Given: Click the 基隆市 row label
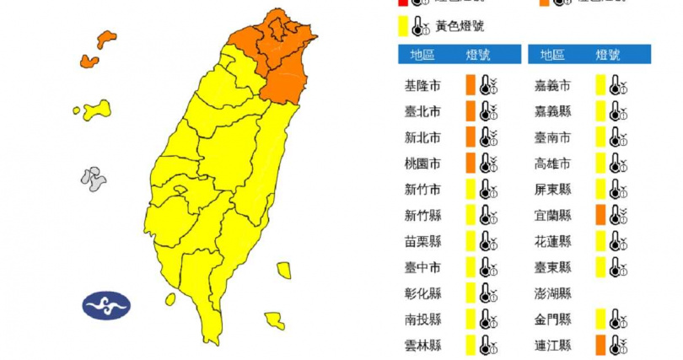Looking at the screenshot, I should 422,85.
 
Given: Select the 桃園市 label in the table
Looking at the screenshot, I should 422,163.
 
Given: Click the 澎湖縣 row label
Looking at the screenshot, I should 552,293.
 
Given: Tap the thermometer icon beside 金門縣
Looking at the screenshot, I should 618,319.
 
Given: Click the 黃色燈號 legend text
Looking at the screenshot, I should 460,26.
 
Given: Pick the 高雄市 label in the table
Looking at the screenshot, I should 552,163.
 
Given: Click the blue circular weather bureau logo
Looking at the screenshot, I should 106,305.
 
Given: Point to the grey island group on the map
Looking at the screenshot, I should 93,178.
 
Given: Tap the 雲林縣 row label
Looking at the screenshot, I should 422,345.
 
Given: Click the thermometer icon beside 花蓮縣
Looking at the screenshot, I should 618,241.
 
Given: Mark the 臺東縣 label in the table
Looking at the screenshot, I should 552,267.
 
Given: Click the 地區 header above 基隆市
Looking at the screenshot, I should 422,55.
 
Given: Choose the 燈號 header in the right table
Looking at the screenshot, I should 607,55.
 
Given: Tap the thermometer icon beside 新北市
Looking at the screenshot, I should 488,137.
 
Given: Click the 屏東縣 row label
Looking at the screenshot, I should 552,189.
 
